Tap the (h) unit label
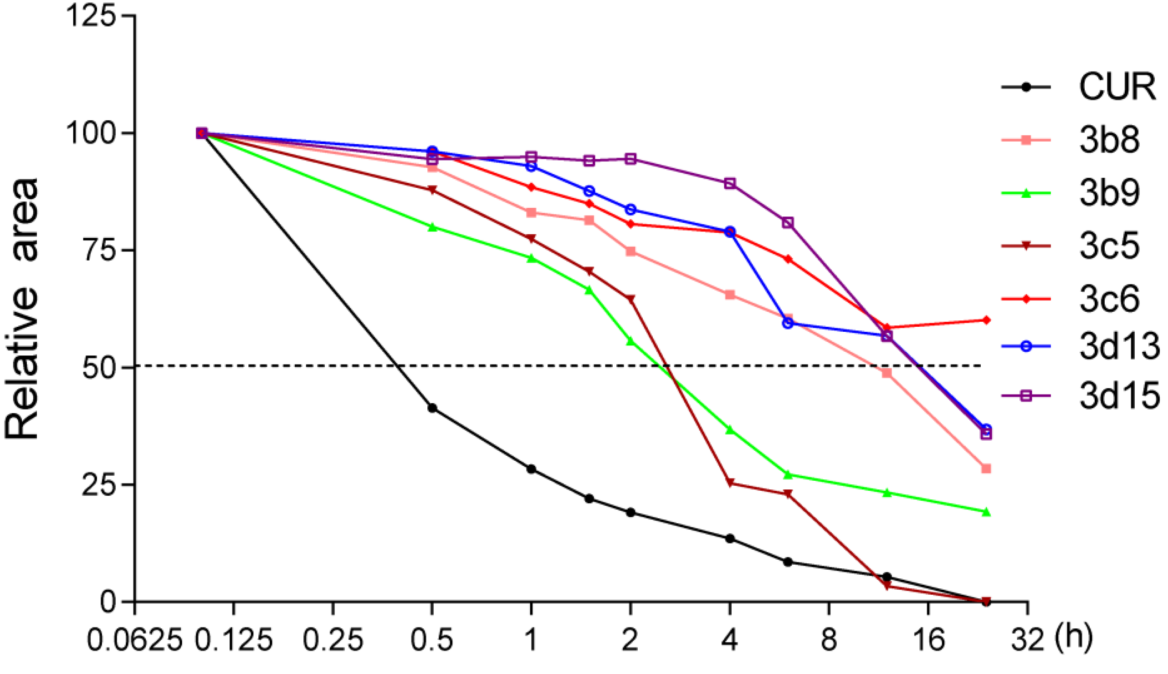1074,639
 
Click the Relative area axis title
22,308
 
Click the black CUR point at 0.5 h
432,408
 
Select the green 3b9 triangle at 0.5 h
432,227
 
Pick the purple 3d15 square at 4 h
730,183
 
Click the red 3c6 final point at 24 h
986,320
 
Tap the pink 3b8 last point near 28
986,469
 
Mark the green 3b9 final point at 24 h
986,511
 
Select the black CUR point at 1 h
531,469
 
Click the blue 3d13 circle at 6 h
788,323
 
